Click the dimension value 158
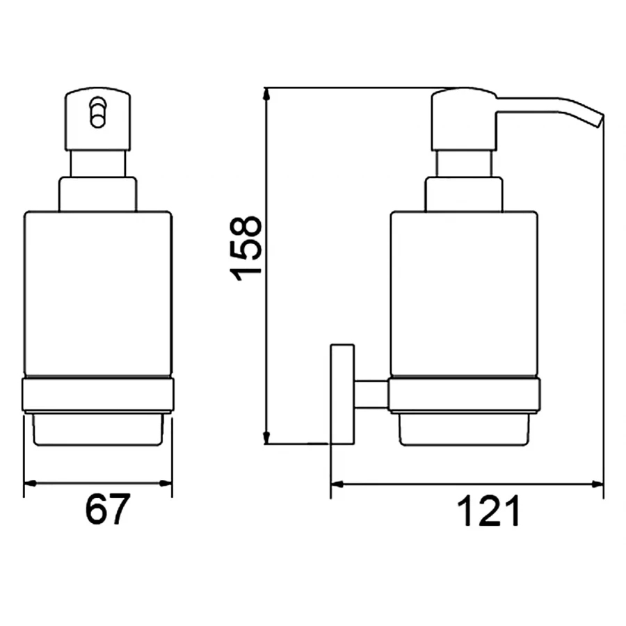pos(248,248)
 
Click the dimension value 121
pos(488,513)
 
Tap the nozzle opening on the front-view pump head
pos(98,112)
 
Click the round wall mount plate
pos(342,393)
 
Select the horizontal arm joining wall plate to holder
pos(371,394)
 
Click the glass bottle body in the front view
pos(98,292)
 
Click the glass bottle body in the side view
pos(464,292)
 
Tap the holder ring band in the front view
pos(98,394)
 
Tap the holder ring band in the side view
pos(464,394)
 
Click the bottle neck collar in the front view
pos(98,194)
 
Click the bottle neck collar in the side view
pos(464,194)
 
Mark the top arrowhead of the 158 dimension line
pos(267,95)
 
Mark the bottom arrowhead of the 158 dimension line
pos(267,438)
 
